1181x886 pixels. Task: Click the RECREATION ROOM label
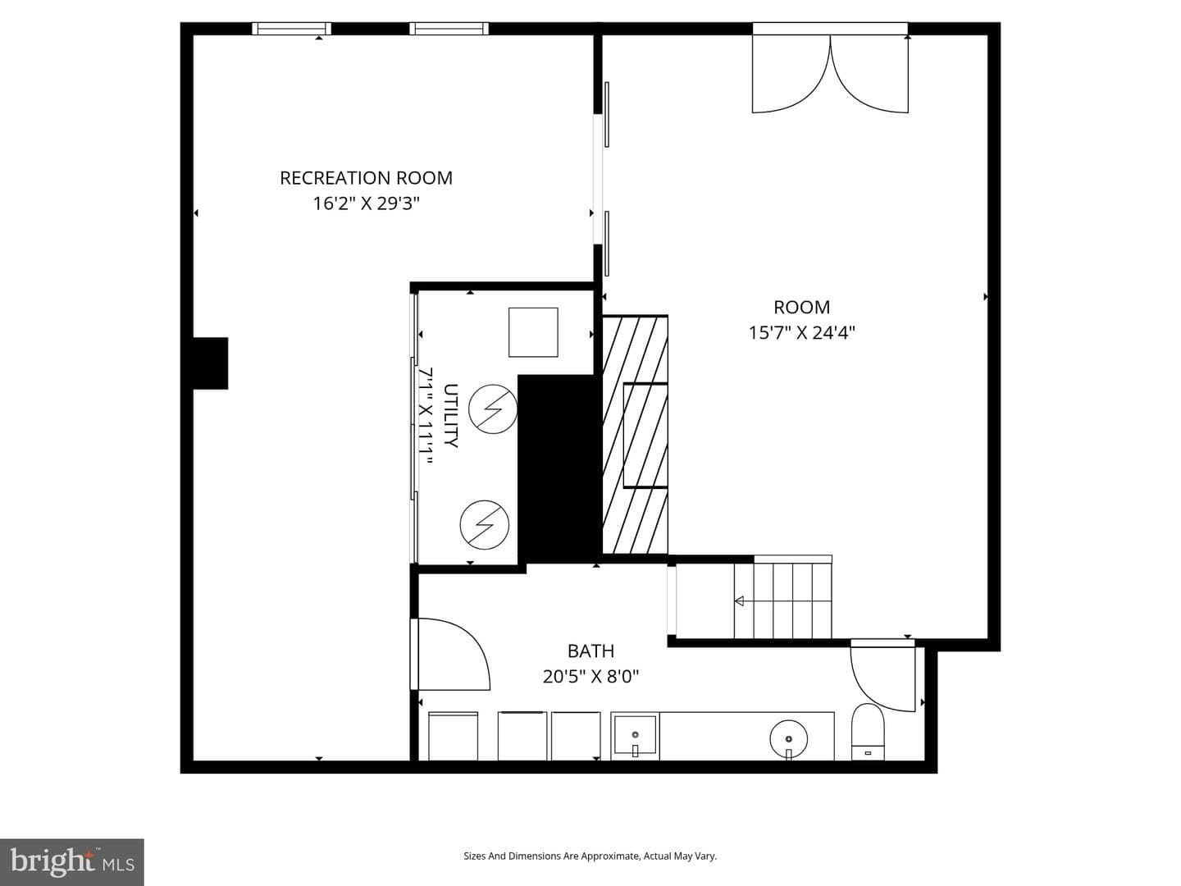point(366,178)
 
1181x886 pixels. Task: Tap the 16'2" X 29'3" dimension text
point(366,204)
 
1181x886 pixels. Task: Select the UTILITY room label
point(450,415)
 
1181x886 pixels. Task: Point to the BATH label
point(590,651)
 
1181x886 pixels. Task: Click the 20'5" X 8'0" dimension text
point(590,677)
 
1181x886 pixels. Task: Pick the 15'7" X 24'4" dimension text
point(801,333)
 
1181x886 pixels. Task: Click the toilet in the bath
point(868,732)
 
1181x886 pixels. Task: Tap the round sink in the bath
point(789,738)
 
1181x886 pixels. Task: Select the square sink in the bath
point(635,735)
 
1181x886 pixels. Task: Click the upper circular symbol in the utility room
point(493,409)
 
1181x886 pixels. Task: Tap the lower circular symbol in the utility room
point(484,524)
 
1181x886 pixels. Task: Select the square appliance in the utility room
point(533,332)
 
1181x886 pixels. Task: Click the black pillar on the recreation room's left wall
point(211,363)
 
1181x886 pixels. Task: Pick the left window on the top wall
point(292,29)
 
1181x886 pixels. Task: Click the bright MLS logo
point(71,861)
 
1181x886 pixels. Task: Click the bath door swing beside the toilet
point(882,676)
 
